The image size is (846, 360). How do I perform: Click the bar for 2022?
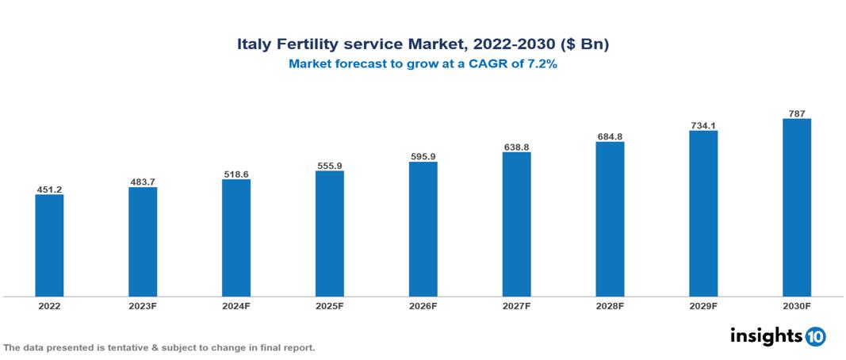(49, 245)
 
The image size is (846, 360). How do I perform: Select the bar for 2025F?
(330, 233)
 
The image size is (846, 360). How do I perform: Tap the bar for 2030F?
(797, 208)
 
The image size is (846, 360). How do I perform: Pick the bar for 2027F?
(516, 224)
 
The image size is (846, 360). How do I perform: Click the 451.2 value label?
(49, 190)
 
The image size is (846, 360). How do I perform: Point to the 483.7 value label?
(143, 182)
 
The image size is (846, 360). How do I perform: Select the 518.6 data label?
(236, 174)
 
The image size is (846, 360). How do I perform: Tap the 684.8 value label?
(610, 136)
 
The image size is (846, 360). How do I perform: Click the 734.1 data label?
(703, 125)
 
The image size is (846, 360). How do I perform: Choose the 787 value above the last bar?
(797, 113)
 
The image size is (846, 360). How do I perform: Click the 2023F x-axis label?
(143, 305)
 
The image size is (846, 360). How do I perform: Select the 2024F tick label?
(236, 305)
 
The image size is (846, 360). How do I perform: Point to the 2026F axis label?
(423, 305)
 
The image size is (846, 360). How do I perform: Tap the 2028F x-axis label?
(610, 305)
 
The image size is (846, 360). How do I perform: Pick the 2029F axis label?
(703, 305)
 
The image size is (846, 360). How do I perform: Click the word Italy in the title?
(255, 45)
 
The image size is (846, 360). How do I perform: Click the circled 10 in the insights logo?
(815, 336)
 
